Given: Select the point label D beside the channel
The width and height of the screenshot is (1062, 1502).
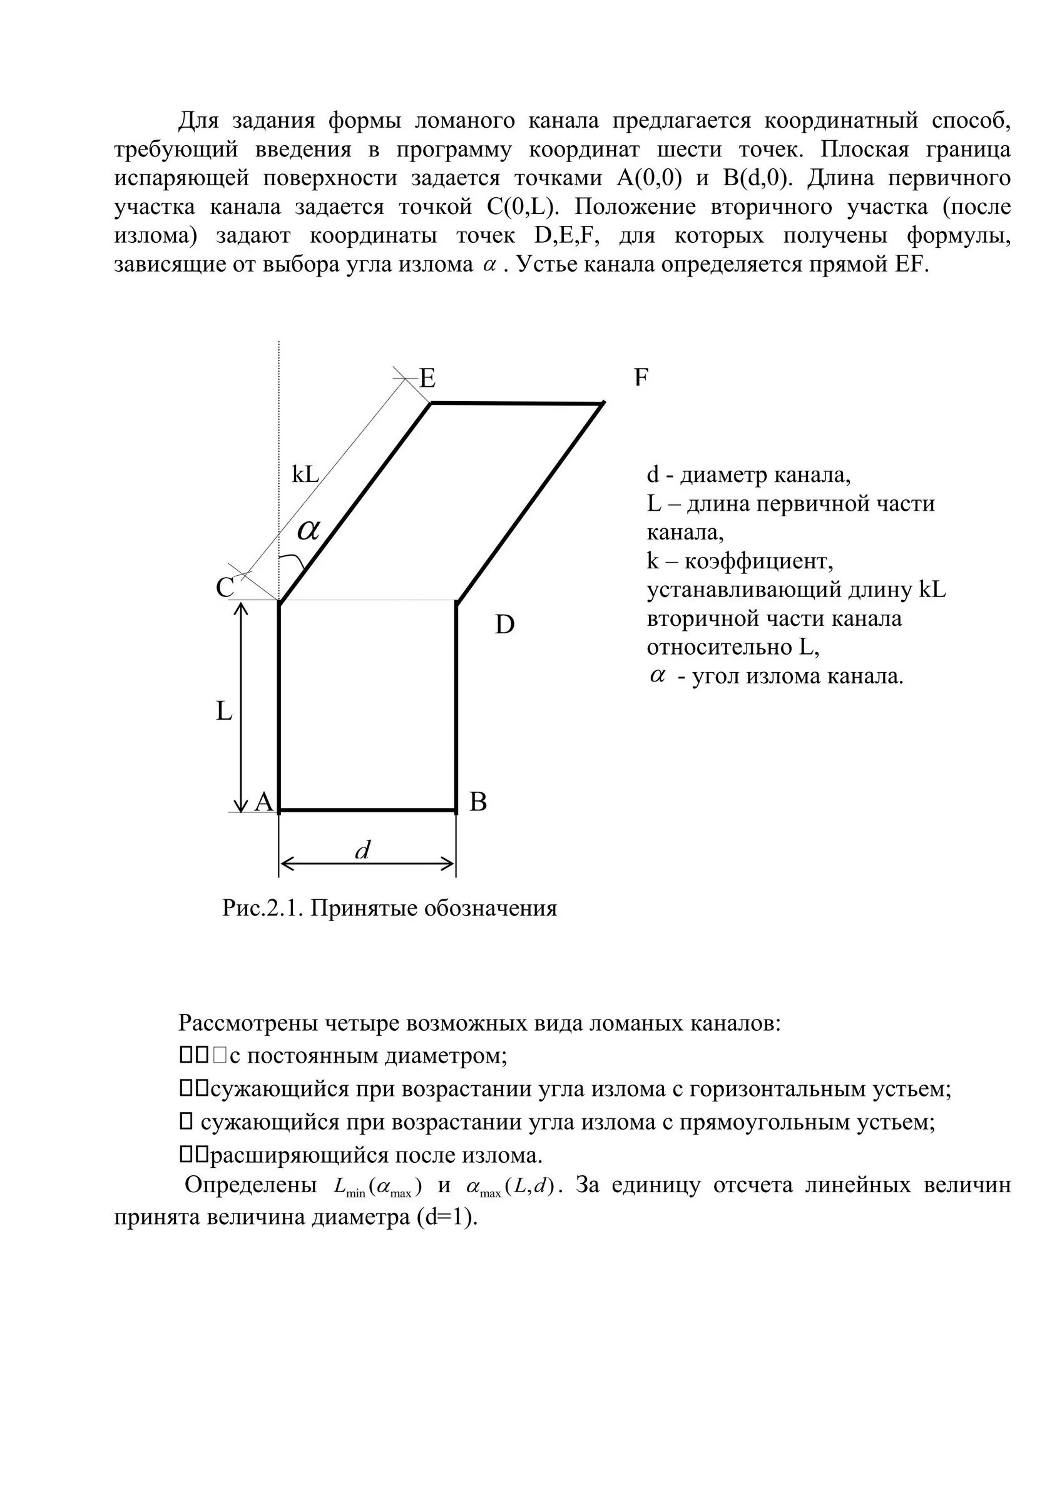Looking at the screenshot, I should tap(504, 625).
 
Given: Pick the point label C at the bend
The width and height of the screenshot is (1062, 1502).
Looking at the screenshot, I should tap(225, 588).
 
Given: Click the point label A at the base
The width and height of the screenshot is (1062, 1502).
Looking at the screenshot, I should tap(263, 801).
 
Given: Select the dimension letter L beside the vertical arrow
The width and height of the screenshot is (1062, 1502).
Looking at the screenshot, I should tap(224, 711).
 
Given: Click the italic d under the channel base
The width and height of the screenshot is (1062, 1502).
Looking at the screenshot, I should tap(362, 851).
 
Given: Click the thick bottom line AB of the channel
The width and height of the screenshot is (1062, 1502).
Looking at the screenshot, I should tap(367, 810).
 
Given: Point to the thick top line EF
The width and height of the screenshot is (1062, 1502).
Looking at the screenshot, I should tap(516, 404).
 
